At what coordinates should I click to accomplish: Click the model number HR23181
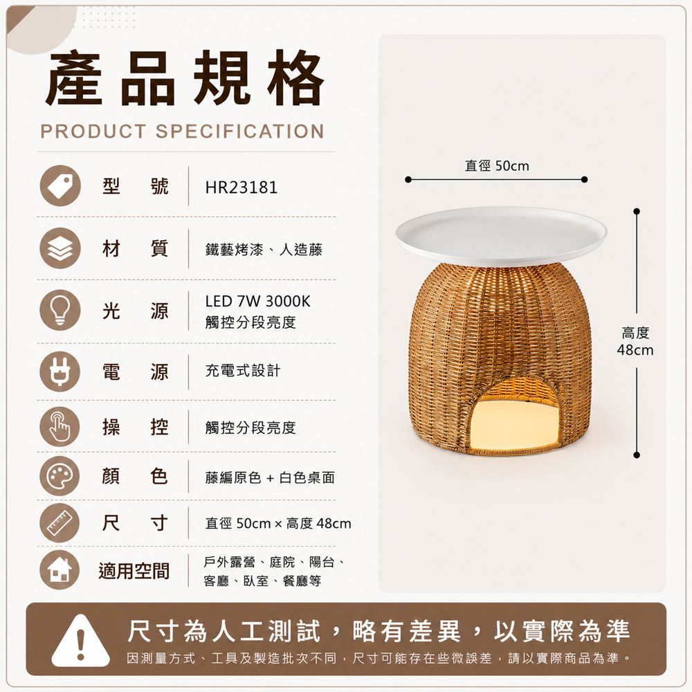pyautogui.click(x=242, y=187)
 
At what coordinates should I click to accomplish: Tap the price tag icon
pyautogui.click(x=60, y=185)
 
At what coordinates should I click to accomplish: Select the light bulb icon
pyautogui.click(x=60, y=310)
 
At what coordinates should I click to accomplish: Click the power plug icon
pyautogui.click(x=60, y=372)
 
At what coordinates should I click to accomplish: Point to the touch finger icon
pyautogui.click(x=60, y=427)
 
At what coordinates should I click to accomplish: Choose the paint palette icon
pyautogui.click(x=60, y=476)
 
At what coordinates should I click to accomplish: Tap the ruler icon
pyautogui.click(x=60, y=523)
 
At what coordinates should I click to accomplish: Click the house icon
pyautogui.click(x=60, y=570)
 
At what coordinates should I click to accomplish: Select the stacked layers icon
pyautogui.click(x=60, y=248)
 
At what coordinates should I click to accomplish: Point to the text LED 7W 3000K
pyautogui.click(x=257, y=302)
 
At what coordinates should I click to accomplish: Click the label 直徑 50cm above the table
pyautogui.click(x=497, y=166)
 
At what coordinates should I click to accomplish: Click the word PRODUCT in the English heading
pyautogui.click(x=93, y=131)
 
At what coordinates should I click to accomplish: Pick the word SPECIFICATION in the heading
pyautogui.click(x=240, y=131)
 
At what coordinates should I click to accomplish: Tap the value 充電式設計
pyautogui.click(x=243, y=371)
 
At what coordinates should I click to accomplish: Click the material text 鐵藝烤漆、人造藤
pyautogui.click(x=264, y=250)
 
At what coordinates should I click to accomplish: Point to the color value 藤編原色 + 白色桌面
pyautogui.click(x=270, y=477)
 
